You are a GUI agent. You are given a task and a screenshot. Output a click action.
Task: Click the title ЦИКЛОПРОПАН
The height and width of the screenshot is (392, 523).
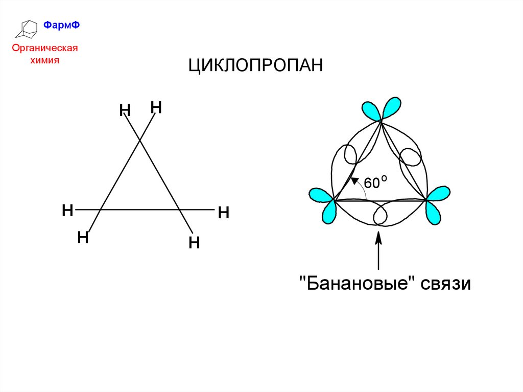[x=256, y=66]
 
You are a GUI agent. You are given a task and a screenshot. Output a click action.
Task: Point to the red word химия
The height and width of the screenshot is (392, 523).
[x=45, y=60]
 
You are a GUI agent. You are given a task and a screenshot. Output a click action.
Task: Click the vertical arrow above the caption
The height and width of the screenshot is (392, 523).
[x=378, y=250]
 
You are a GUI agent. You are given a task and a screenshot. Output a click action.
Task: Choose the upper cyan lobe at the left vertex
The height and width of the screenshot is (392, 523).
[x=320, y=195]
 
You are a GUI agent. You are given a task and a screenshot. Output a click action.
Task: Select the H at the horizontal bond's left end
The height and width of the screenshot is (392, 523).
[x=67, y=210]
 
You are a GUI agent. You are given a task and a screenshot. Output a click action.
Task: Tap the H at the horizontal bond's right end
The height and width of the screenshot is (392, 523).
[x=223, y=212]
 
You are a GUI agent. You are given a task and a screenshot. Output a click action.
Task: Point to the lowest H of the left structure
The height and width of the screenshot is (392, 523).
[x=194, y=242]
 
